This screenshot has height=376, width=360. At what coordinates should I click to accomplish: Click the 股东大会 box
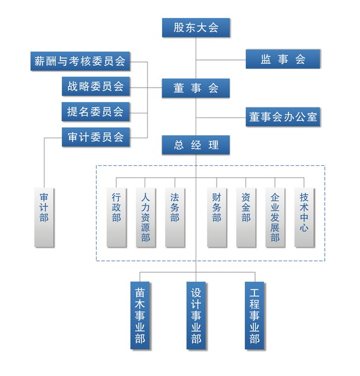196,28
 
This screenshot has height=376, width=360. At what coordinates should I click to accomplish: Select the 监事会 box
283,59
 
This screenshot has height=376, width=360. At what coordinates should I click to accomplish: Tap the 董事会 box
196,88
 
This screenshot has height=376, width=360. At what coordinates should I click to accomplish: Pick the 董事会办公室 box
283,117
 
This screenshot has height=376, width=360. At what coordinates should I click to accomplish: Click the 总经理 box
196,145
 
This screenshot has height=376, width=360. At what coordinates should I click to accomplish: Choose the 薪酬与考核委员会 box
80,60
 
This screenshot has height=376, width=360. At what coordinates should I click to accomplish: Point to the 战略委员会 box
95,86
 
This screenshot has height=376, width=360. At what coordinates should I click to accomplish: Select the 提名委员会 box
95,111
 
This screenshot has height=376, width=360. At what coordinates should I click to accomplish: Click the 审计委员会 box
95,137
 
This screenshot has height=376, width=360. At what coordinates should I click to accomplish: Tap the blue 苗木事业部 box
140,315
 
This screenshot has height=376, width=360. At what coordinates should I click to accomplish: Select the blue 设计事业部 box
196,315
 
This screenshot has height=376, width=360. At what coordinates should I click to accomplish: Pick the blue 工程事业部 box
254,315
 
